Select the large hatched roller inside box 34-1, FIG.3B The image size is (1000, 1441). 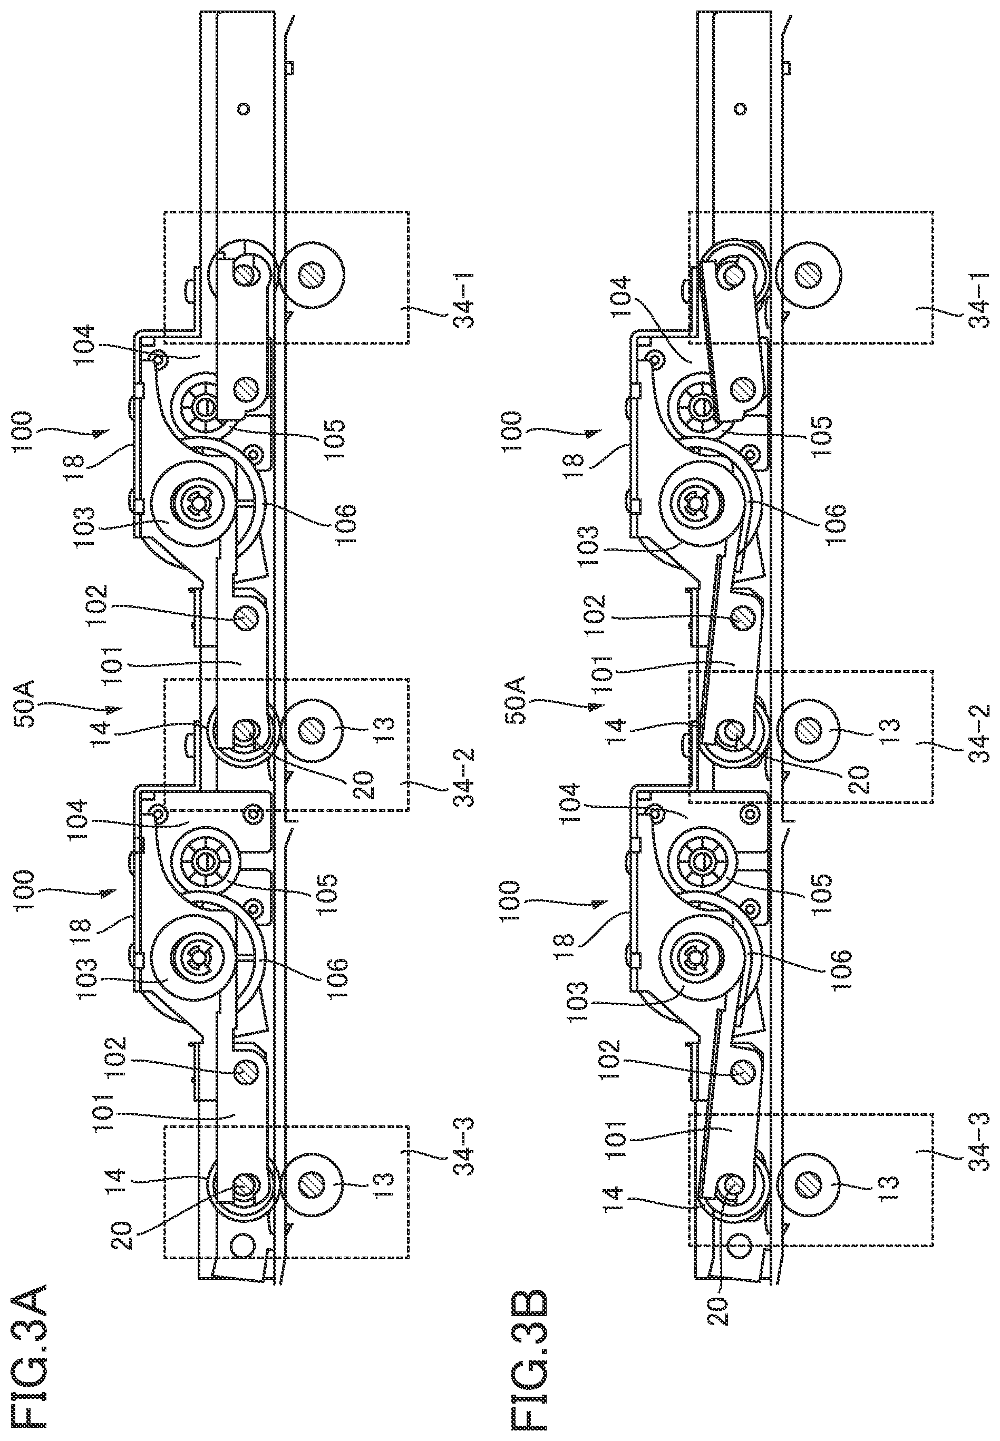click(x=808, y=273)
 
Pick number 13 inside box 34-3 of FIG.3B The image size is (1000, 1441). click(x=890, y=1198)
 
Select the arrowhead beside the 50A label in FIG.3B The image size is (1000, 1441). click(x=593, y=707)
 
